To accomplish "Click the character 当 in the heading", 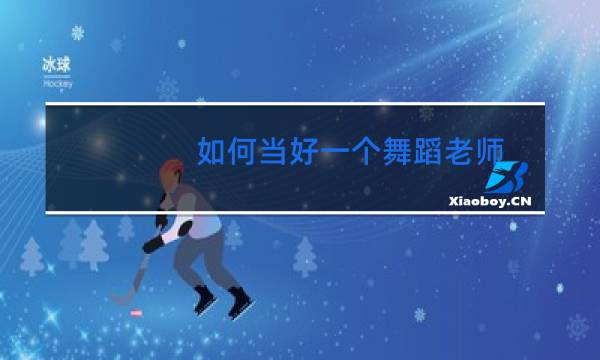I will pyautogui.click(x=278, y=152).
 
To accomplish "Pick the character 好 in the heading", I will pyautogui.click(x=311, y=152).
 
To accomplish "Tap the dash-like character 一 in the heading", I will pyautogui.click(x=344, y=152).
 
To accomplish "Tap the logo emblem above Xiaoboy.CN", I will pyautogui.click(x=507, y=177).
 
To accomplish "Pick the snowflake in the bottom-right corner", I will pyautogui.click(x=577, y=326).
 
